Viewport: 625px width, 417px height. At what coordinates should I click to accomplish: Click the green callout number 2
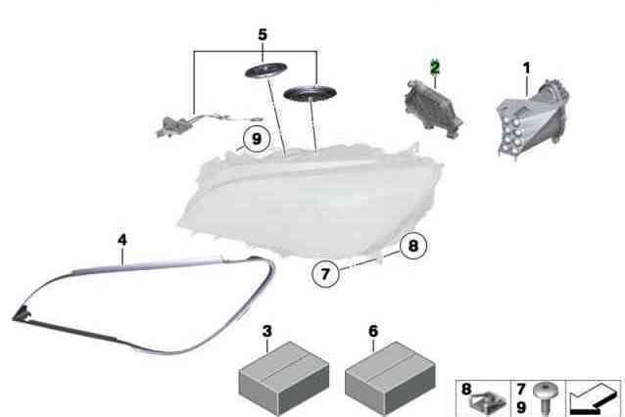tap(435, 68)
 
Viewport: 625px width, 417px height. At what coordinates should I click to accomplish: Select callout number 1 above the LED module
tap(526, 69)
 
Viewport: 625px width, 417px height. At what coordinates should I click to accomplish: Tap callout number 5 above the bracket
tap(263, 34)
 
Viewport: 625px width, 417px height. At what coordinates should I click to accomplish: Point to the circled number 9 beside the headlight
tap(257, 139)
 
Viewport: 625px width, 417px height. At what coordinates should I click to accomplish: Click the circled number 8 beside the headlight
tap(413, 246)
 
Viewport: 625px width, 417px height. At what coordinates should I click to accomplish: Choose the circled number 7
tap(325, 274)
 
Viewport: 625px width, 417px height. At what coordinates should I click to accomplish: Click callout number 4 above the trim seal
tap(122, 240)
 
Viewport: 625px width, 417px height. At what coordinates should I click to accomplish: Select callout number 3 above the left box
tap(267, 331)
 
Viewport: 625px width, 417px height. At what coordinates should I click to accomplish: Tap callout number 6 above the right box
tap(373, 331)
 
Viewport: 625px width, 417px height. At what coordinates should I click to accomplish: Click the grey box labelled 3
tap(284, 379)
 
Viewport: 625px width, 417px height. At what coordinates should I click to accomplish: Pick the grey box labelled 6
tap(390, 379)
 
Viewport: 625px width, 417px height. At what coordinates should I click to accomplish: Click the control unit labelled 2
tap(433, 109)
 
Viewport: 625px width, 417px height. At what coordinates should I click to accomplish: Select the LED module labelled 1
tap(532, 118)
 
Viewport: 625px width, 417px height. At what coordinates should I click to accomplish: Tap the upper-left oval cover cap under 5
tap(265, 70)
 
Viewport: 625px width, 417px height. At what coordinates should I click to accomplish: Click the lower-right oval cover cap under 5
tap(310, 94)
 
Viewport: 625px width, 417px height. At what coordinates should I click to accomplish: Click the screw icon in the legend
tap(546, 398)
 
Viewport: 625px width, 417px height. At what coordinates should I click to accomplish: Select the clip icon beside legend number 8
tap(487, 403)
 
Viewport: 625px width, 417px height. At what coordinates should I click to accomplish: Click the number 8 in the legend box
tap(466, 390)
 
